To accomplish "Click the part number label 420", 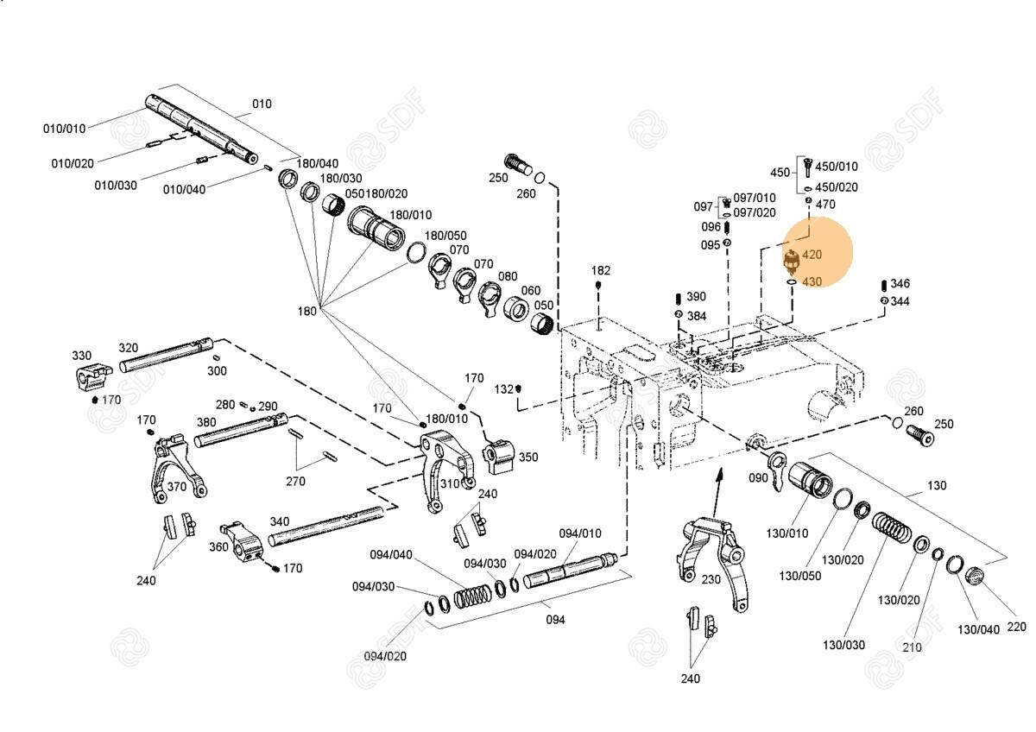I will click(x=812, y=255).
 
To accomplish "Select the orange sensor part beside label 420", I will click(x=791, y=258).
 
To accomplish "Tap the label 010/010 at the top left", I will click(x=65, y=129).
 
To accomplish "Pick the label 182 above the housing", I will click(x=601, y=270).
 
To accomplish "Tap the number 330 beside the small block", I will click(x=81, y=356).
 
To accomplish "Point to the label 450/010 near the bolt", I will click(x=837, y=167).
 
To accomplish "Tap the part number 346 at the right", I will click(x=900, y=283).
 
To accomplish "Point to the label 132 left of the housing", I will click(x=503, y=389).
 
